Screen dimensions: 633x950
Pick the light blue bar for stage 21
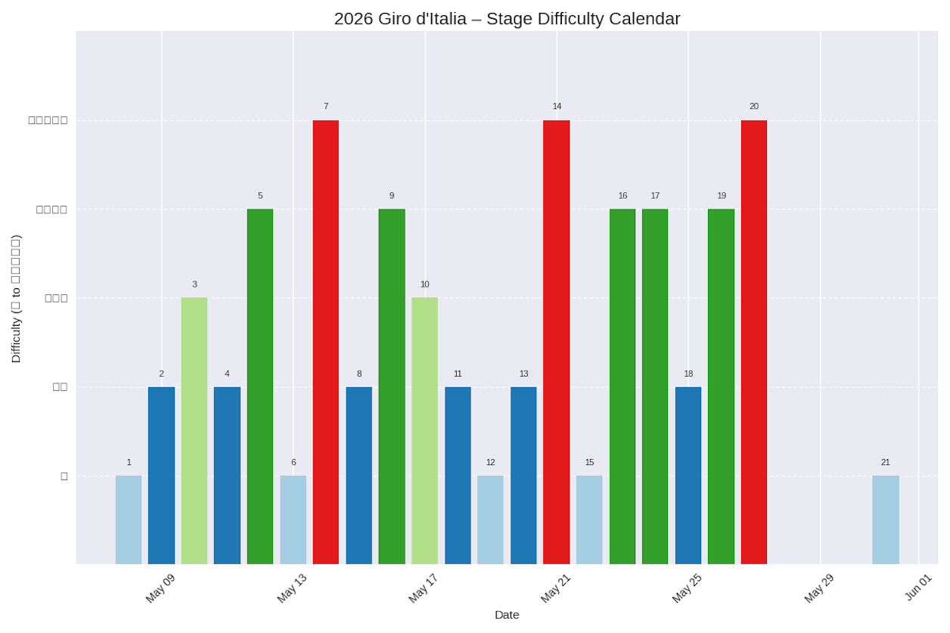(885, 520)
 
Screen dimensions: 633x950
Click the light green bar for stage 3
(194, 430)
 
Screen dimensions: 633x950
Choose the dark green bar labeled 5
(259, 386)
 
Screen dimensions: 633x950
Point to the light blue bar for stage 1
(129, 520)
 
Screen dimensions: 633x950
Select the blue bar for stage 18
(688, 475)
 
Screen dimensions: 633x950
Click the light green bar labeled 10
(424, 430)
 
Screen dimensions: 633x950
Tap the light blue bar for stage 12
(490, 520)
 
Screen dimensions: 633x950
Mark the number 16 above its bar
(622, 196)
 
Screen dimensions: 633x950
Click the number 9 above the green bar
(392, 196)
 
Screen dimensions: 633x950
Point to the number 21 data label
(885, 463)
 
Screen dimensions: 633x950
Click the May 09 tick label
(160, 588)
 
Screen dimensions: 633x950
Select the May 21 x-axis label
(556, 588)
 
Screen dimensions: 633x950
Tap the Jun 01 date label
(919, 587)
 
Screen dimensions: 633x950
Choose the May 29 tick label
(819, 588)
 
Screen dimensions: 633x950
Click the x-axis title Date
(507, 615)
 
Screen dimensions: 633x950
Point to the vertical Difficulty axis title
(16, 298)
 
